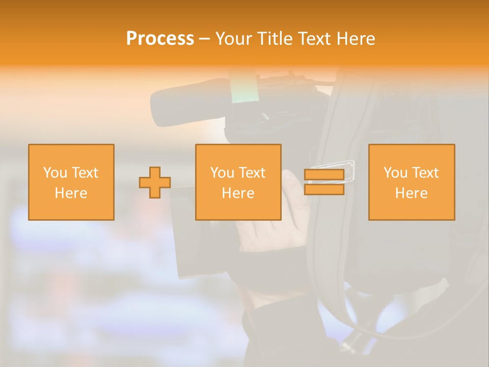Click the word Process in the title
(160, 39)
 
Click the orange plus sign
(155, 182)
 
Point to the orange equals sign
(324, 182)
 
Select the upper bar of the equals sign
(324, 175)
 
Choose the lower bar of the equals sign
(324, 189)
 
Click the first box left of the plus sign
(71, 182)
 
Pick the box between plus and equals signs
(238, 182)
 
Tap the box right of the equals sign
(412, 182)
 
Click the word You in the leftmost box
(55, 173)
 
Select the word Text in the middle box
(252, 173)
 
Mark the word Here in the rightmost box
(412, 193)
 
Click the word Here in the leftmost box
(71, 193)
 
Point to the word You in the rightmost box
(395, 173)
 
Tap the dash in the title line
(204, 39)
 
